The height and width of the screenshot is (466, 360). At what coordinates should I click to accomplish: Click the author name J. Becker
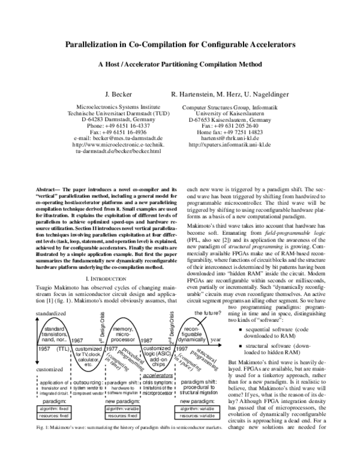114,94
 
